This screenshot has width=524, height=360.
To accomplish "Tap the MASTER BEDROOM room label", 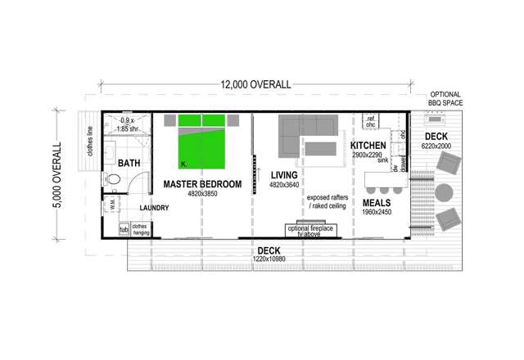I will (202, 185).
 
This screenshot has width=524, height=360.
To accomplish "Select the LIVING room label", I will (284, 174).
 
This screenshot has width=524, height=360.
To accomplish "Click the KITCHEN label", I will (368, 145).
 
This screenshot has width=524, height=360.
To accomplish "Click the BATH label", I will (129, 164).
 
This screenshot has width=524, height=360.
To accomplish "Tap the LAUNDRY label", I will (154, 208).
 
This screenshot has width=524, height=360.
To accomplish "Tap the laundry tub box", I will (124, 230).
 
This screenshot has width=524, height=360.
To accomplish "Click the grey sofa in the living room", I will (306, 131).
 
